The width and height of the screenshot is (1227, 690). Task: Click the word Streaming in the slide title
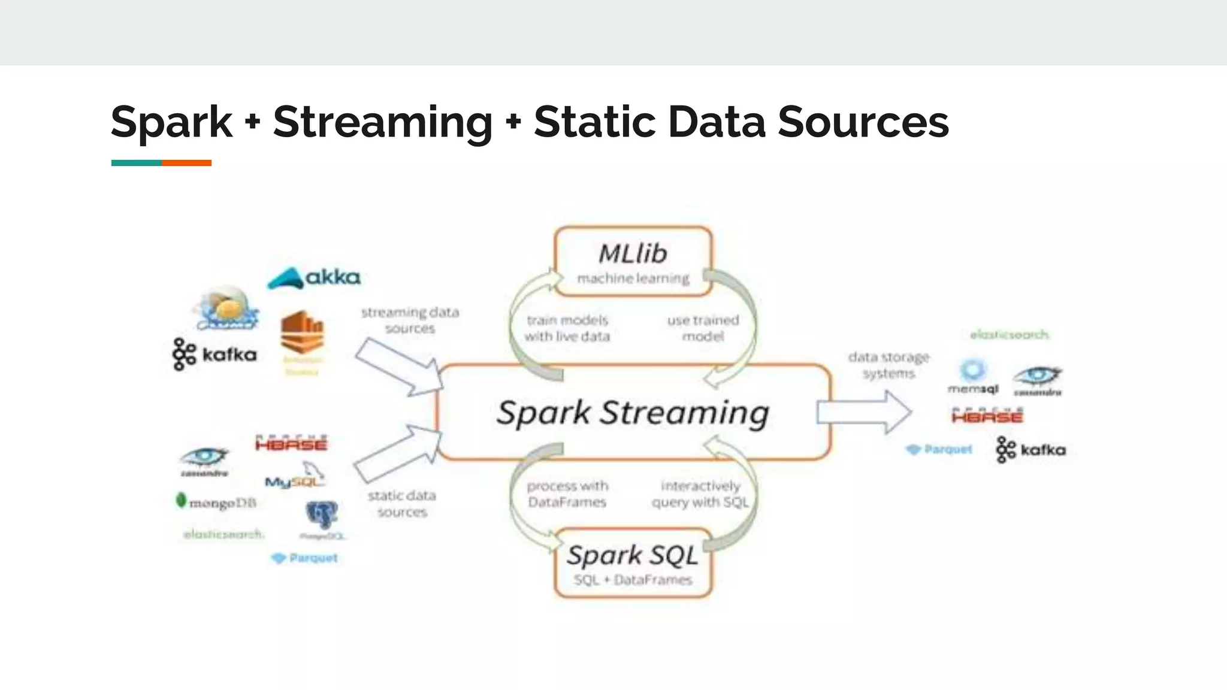(382, 123)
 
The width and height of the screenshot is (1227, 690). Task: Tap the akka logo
(314, 278)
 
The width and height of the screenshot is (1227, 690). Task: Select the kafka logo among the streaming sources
(214, 355)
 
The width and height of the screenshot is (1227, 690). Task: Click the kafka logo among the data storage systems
(1030, 450)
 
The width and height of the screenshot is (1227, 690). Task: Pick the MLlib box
(633, 262)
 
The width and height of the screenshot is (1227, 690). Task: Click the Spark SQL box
(633, 563)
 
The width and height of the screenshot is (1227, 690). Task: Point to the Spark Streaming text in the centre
(633, 413)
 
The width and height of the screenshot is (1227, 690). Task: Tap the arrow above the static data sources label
(398, 453)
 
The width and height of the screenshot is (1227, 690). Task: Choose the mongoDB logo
(216, 502)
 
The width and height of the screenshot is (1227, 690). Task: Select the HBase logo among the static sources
(291, 443)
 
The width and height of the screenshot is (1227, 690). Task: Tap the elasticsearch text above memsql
(1010, 334)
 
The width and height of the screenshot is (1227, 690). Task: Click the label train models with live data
(567, 328)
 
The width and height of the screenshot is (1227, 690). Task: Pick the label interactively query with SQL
(700, 494)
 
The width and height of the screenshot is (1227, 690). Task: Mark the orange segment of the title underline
(186, 163)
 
